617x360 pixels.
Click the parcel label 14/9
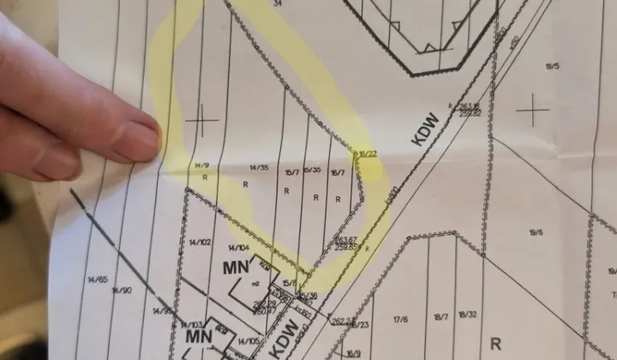coord(201,165)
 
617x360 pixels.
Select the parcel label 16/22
coord(368,154)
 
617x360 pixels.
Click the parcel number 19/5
coord(551,66)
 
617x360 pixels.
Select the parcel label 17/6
coord(400,320)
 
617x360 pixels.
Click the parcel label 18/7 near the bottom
coord(440,317)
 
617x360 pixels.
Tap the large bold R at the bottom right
coord(494,345)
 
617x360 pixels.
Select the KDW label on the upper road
coord(425,129)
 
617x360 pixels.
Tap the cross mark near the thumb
coord(202,121)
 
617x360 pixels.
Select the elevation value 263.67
coord(346,240)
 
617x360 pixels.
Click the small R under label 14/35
coord(245,183)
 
